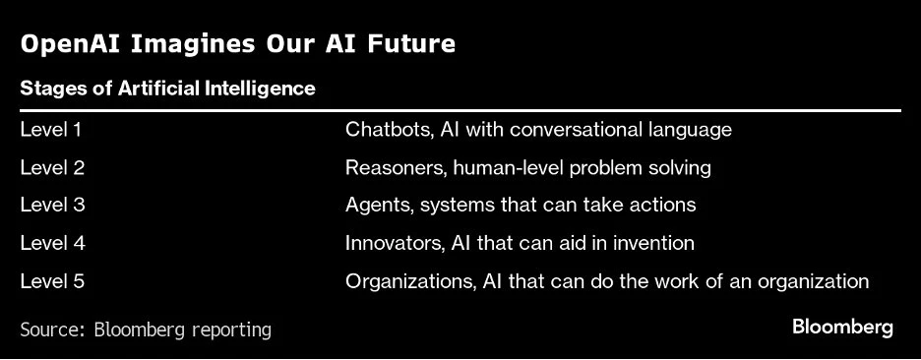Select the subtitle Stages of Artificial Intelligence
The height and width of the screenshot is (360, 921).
click(168, 89)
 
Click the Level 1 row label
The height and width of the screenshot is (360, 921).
click(51, 129)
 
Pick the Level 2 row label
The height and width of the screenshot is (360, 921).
click(52, 168)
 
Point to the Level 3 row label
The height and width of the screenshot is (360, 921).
click(52, 205)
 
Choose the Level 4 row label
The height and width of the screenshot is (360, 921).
click(52, 243)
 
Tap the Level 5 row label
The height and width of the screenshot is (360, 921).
click(52, 281)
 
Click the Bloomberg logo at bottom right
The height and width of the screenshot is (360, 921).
click(843, 328)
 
